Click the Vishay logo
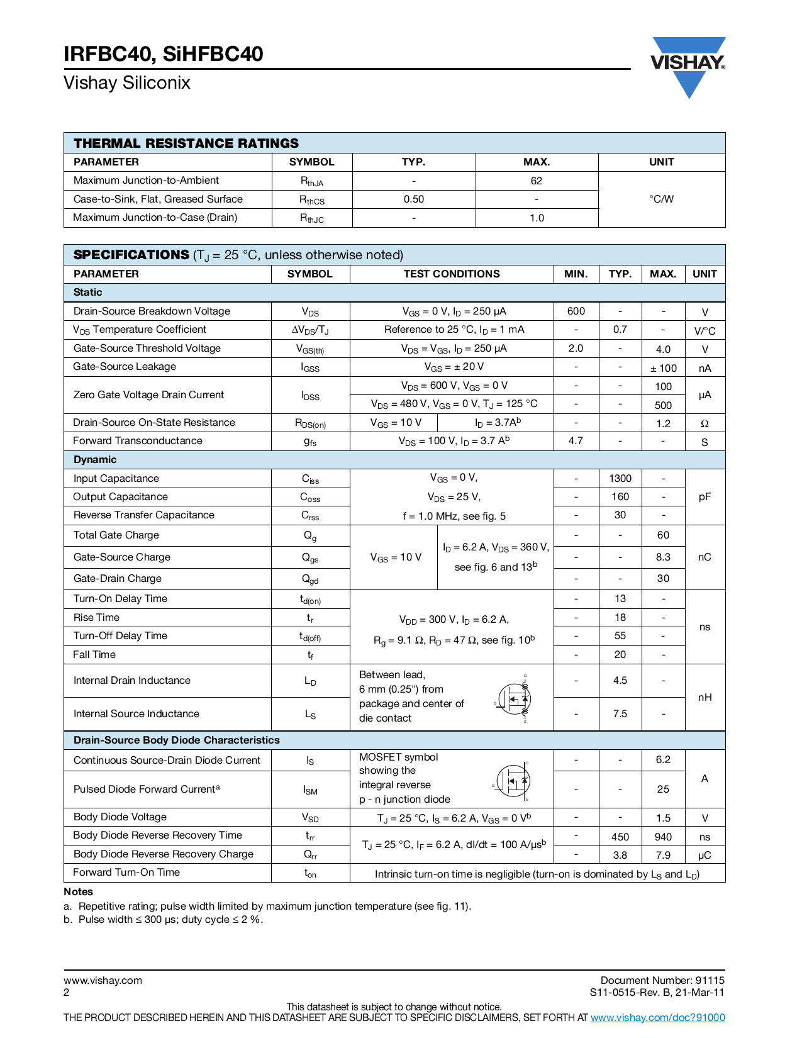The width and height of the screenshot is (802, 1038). click(x=688, y=67)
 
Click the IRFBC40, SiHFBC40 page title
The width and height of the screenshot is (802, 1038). click(x=164, y=54)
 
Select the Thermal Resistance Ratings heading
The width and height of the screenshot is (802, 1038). click(x=186, y=143)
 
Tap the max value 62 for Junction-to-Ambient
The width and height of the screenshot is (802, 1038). click(x=536, y=181)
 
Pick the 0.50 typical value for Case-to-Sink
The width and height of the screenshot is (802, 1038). click(x=413, y=199)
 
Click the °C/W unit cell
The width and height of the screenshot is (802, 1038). click(x=661, y=199)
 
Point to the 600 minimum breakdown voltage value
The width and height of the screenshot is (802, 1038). click(x=576, y=311)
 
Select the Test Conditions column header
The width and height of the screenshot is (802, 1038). click(x=452, y=274)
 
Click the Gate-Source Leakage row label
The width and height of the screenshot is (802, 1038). click(x=125, y=367)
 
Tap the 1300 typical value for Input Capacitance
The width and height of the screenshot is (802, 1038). click(x=620, y=479)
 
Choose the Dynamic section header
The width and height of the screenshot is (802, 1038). click(x=95, y=460)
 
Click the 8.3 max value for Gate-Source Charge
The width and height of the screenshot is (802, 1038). click(x=663, y=557)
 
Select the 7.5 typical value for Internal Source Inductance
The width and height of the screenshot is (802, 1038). click(x=620, y=714)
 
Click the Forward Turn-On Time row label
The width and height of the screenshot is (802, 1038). click(x=126, y=873)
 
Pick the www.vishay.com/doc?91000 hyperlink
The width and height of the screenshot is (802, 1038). click(x=657, y=1017)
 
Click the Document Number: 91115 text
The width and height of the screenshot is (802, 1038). click(x=662, y=980)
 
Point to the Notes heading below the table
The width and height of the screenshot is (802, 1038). click(x=78, y=892)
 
